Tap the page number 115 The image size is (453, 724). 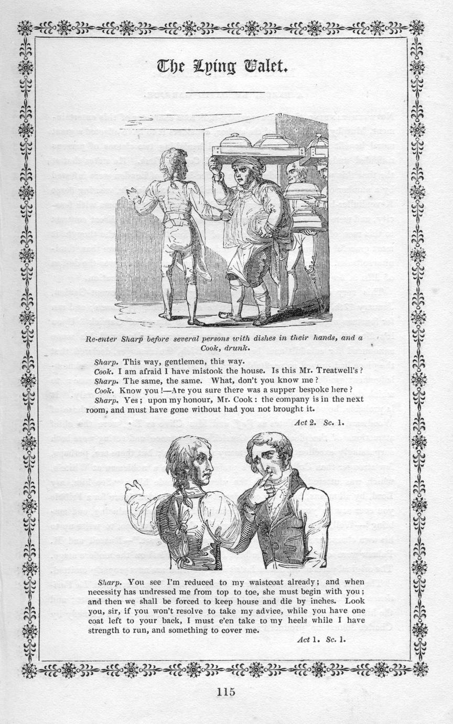click(226, 692)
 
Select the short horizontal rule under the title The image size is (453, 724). click(225, 93)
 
